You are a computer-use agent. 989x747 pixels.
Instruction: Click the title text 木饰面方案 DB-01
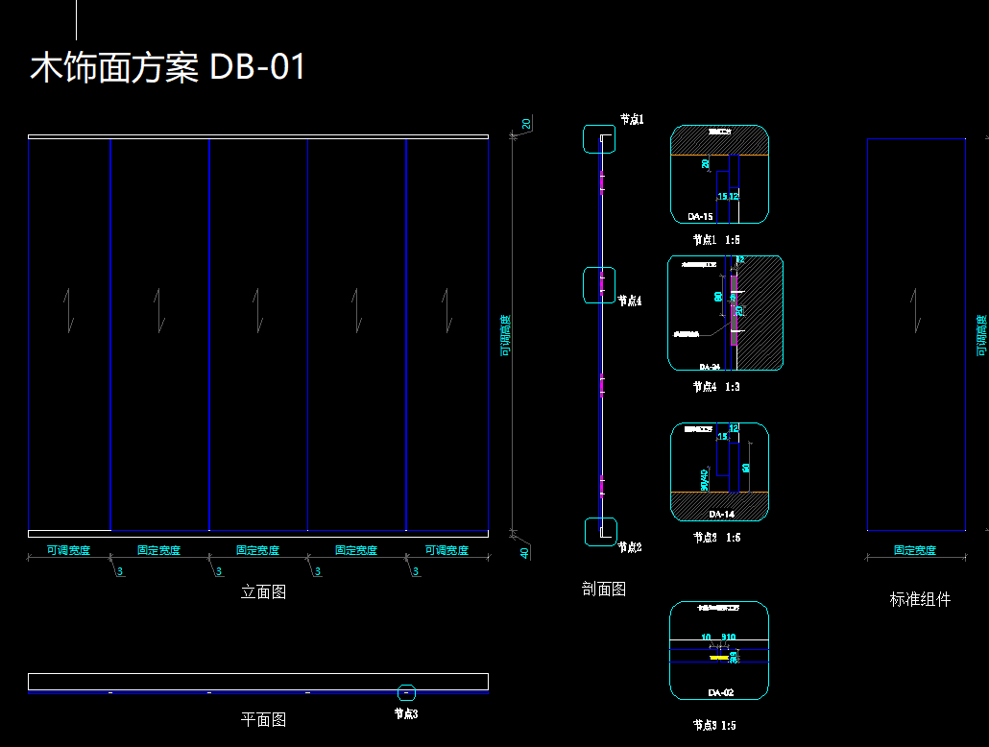pyautogui.click(x=168, y=68)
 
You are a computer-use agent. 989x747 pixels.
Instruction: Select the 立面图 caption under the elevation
pyautogui.click(x=263, y=592)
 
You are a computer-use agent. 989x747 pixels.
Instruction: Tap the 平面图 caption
pyautogui.click(x=263, y=719)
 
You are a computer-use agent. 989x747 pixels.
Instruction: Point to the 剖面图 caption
pyautogui.click(x=604, y=590)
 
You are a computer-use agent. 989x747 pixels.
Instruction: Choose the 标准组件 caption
pyautogui.click(x=920, y=599)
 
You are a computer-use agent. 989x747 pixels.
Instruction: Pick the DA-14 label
pyautogui.click(x=721, y=514)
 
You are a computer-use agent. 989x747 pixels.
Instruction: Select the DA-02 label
pyautogui.click(x=721, y=692)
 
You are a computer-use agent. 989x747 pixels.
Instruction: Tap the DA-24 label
pyautogui.click(x=710, y=367)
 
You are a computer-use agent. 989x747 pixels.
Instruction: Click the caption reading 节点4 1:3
pyautogui.click(x=716, y=387)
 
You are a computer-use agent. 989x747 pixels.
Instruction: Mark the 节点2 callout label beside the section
pyautogui.click(x=631, y=547)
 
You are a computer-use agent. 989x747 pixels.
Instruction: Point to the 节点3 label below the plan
pyautogui.click(x=406, y=713)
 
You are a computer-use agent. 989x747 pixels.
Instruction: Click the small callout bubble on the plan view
pyautogui.click(x=406, y=691)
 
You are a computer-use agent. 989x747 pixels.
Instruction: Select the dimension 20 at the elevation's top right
pyautogui.click(x=526, y=124)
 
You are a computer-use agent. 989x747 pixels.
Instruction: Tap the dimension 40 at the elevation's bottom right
pyautogui.click(x=524, y=552)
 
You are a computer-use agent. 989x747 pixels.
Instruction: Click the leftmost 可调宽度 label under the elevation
pyautogui.click(x=68, y=550)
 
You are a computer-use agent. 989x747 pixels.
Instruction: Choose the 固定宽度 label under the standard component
pyautogui.click(x=914, y=550)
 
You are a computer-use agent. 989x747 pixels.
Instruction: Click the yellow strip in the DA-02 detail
pyautogui.click(x=718, y=659)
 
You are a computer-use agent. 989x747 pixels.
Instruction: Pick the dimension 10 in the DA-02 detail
pyautogui.click(x=706, y=637)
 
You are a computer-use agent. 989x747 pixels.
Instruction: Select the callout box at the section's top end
pyautogui.click(x=600, y=138)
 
